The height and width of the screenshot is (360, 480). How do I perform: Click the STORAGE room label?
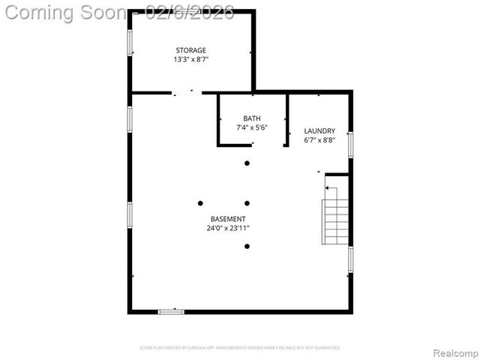[190, 50]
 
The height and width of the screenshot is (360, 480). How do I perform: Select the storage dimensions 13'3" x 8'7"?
[190, 59]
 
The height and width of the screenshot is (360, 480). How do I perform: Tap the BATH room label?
[252, 118]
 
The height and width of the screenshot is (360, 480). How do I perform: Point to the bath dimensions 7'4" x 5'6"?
[252, 127]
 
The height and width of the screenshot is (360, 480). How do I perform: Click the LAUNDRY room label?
[319, 131]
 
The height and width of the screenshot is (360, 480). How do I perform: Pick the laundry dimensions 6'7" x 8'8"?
[319, 140]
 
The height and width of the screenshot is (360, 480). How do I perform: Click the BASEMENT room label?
[228, 219]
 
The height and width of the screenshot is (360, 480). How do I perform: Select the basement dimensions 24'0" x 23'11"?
[228, 228]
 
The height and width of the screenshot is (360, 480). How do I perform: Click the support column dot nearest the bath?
[247, 163]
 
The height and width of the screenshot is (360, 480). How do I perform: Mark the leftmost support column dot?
[200, 202]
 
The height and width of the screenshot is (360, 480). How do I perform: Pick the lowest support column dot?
[247, 246]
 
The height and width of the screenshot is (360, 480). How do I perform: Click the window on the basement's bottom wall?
[171, 311]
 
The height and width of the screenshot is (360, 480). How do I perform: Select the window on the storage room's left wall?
[130, 42]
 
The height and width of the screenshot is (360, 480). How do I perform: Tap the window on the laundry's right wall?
[350, 144]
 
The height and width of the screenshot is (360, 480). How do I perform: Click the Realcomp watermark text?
[453, 352]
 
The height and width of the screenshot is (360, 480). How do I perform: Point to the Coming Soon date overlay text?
[119, 12]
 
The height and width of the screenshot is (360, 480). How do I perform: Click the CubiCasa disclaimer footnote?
[240, 348]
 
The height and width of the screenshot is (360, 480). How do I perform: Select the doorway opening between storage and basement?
[187, 92]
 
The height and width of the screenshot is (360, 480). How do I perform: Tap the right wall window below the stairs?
[350, 259]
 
